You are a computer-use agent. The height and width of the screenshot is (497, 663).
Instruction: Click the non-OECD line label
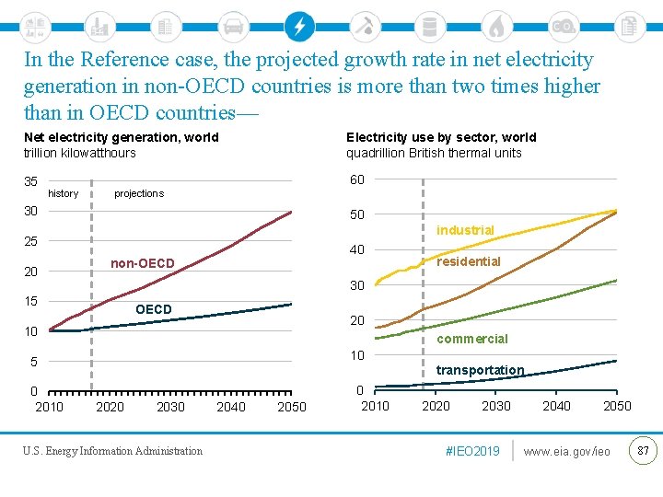[142, 264]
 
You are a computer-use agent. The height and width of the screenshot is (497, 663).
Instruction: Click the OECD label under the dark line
[153, 309]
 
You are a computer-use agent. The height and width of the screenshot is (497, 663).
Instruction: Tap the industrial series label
[465, 230]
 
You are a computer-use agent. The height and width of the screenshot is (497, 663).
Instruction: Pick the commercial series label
[471, 339]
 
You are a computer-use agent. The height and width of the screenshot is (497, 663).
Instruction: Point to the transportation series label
[479, 370]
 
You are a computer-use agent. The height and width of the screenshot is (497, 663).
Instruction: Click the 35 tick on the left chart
[30, 181]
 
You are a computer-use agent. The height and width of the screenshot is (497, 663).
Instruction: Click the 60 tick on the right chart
[356, 179]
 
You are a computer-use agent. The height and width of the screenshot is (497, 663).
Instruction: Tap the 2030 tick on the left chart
[170, 407]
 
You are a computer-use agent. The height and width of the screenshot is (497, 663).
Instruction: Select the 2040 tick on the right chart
[556, 406]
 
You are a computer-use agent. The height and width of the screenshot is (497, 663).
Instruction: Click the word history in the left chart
[63, 193]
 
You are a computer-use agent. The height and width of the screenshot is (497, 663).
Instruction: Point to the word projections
[138, 193]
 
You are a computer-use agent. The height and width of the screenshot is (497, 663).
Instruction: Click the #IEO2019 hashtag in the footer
[471, 451]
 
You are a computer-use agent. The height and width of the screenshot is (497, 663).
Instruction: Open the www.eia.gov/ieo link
[566, 451]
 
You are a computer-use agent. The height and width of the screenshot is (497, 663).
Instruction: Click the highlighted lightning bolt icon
[298, 26]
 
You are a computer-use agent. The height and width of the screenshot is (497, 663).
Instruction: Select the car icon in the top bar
[233, 26]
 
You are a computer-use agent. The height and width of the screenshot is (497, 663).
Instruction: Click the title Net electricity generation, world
[121, 137]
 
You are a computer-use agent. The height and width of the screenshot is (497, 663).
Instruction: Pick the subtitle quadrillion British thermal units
[434, 153]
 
